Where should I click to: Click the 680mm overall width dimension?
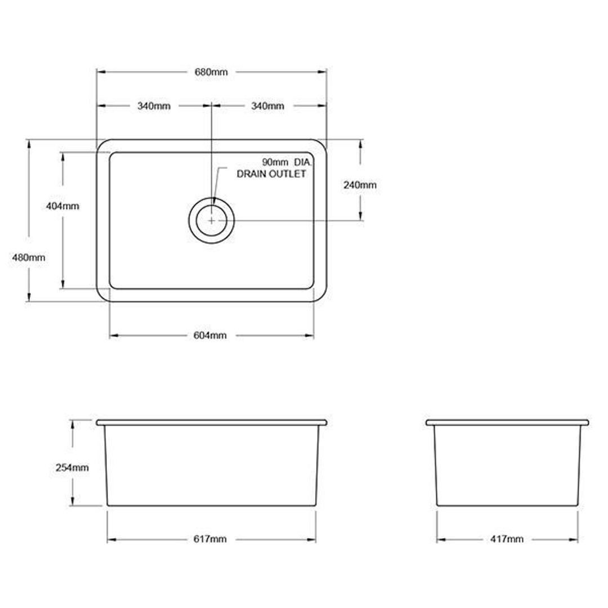pos(211,72)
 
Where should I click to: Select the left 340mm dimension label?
pos(154,106)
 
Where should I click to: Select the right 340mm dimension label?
pos(267,106)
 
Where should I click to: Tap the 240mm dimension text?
pos(360,185)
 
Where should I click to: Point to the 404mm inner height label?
pos(62,206)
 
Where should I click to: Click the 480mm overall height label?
pos(29,257)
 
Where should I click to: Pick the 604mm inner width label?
pos(210,336)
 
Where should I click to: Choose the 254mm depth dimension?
pos(72,467)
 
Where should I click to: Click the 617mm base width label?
pos(210,539)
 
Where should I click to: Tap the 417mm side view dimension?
pos(507,539)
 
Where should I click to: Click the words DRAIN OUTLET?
pos(271,174)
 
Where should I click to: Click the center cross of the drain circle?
pos(211,220)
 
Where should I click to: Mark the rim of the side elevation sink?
pos(507,422)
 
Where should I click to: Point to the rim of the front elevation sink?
pos(211,422)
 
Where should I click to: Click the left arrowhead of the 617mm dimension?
pos(110,540)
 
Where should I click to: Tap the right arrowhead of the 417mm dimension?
pos(574,540)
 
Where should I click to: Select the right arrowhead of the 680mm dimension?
pos(323,72)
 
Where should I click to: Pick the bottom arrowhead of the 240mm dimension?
pos(360,217)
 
